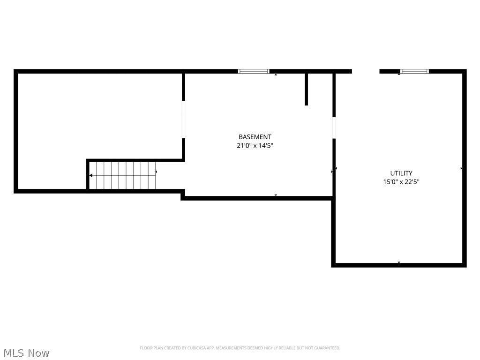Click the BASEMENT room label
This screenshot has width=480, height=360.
pyautogui.click(x=255, y=137)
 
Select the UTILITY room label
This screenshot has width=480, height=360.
pyautogui.click(x=401, y=173)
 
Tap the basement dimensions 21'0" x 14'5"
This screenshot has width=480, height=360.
pyautogui.click(x=255, y=146)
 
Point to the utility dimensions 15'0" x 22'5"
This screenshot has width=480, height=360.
pyautogui.click(x=401, y=182)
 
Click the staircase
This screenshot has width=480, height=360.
pyautogui.click(x=123, y=175)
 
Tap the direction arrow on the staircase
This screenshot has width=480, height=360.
pyautogui.click(x=91, y=175)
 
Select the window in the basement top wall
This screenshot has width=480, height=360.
pyautogui.click(x=254, y=71)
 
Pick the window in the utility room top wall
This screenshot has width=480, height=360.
pyautogui.click(x=414, y=71)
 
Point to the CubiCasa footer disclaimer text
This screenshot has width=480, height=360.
pyautogui.click(x=240, y=348)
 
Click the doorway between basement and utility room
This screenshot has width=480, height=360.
pyautogui.click(x=334, y=127)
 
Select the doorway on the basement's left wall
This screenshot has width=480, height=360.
pyautogui.click(x=183, y=120)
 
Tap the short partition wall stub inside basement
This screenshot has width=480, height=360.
pyautogui.click(x=306, y=89)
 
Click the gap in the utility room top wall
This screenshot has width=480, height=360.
pyautogui.click(x=366, y=71)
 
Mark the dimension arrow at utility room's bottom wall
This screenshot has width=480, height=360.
pyautogui.click(x=399, y=262)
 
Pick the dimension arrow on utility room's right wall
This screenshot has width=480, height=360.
pyautogui.click(x=461, y=168)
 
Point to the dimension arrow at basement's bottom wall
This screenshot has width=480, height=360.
pyautogui.click(x=276, y=195)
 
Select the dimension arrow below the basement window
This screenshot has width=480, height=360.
pyautogui.click(x=276, y=75)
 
